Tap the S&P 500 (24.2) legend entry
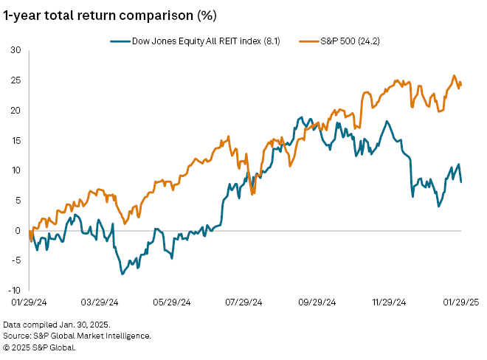pyautogui.click(x=347, y=41)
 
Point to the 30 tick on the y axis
pyautogui.click(x=15, y=50)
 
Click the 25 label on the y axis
pyautogui.click(x=15, y=80)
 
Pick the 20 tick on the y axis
pyautogui.click(x=15, y=111)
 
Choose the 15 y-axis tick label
pyautogui.click(x=15, y=140)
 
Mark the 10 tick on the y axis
pyautogui.click(x=15, y=170)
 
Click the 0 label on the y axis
pyautogui.click(x=18, y=230)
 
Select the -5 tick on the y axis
pyautogui.click(x=16, y=260)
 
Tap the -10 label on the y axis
pyautogui.click(x=15, y=291)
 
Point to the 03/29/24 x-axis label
pyautogui.click(x=100, y=302)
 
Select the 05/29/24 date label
pyautogui.click(x=173, y=302)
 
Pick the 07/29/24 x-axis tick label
pyautogui.click(x=246, y=302)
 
